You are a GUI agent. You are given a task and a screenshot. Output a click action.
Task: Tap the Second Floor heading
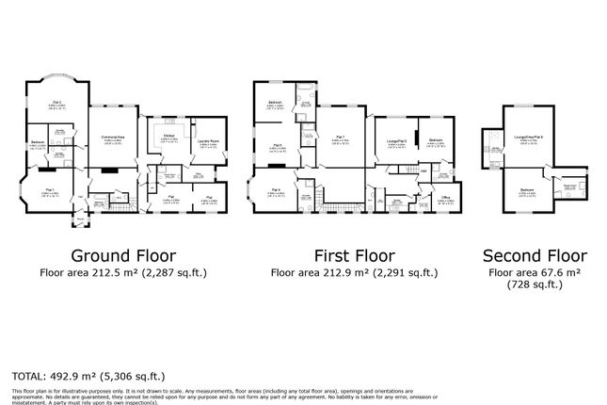pos(534,255)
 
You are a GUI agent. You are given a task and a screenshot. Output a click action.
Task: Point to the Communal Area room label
pos(114,138)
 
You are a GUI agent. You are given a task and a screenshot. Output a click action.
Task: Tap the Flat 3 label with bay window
pos(56,103)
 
